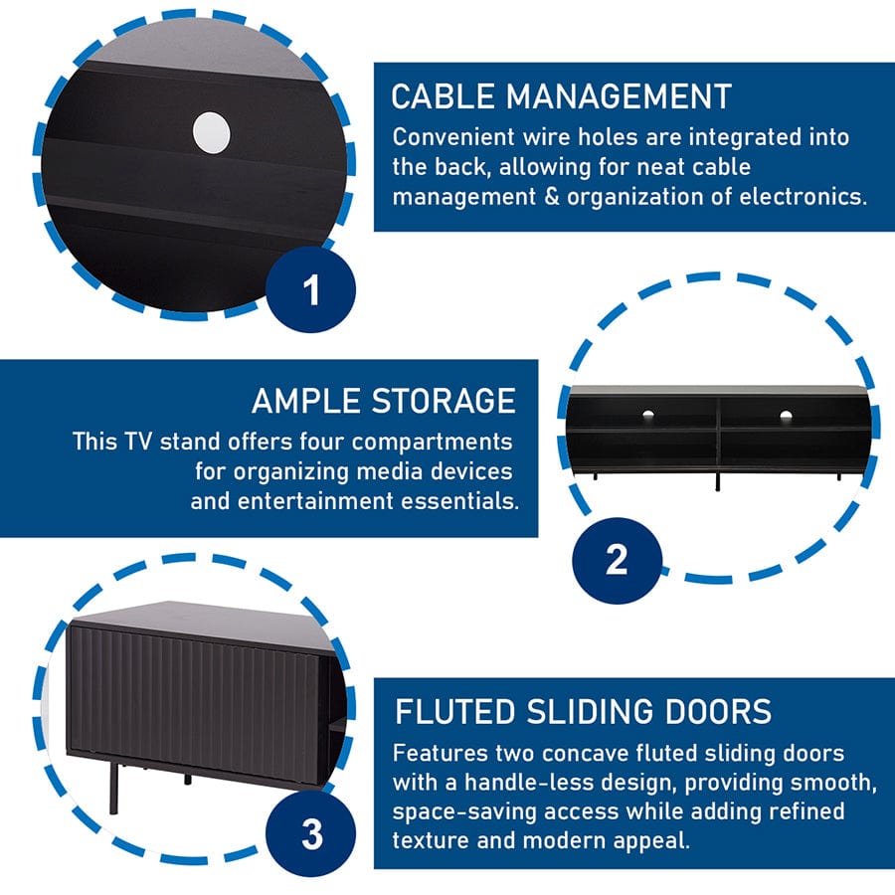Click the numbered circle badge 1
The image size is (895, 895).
coord(311,292)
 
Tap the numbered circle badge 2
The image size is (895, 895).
coord(617,559)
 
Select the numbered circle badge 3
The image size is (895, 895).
coord(312,833)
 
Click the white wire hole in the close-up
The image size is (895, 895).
coord(211,132)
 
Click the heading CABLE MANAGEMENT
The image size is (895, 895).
coord(561,96)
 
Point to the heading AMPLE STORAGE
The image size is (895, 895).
coord(384,401)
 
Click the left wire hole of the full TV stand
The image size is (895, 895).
coord(647,414)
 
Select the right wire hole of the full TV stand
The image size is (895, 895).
coord(786,415)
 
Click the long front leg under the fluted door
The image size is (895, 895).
coord(113,787)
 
